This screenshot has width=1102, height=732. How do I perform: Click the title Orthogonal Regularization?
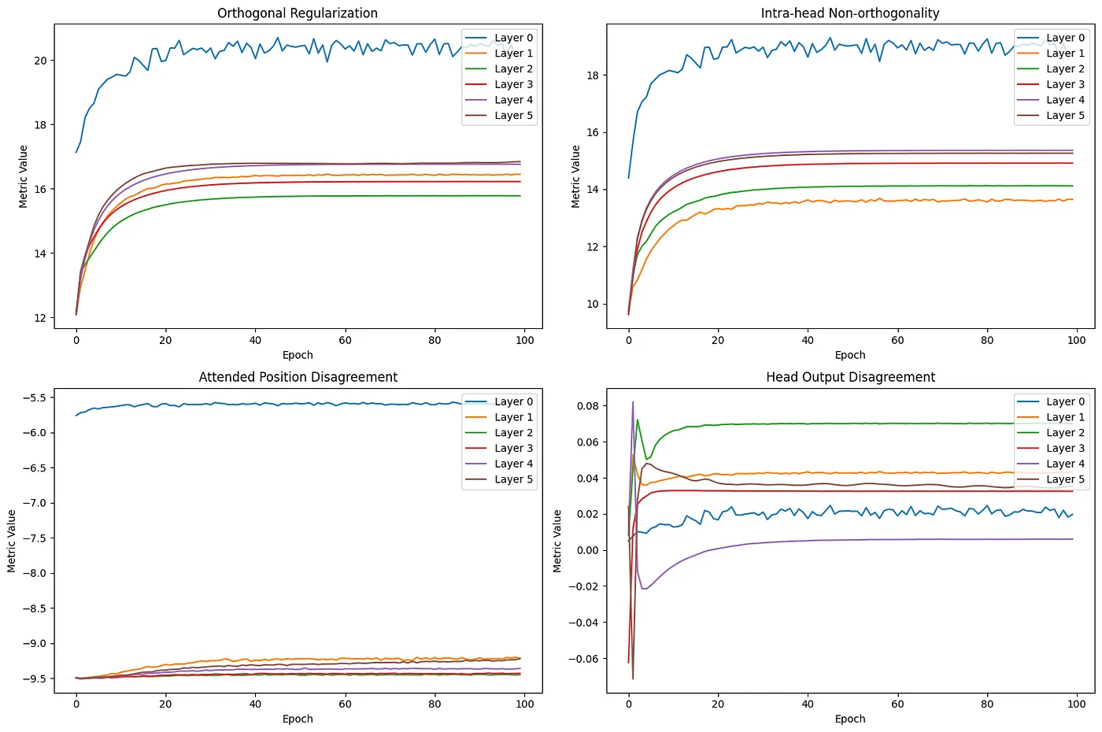pyautogui.click(x=298, y=13)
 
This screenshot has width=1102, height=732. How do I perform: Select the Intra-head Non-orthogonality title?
pyautogui.click(x=850, y=13)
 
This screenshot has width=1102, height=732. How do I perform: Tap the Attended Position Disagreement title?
pyautogui.click(x=298, y=377)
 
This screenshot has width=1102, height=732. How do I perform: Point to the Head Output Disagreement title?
pyautogui.click(x=850, y=377)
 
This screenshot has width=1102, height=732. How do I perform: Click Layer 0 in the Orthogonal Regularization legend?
pyautogui.click(x=513, y=38)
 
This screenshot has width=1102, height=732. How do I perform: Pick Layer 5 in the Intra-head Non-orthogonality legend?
pyautogui.click(x=1065, y=116)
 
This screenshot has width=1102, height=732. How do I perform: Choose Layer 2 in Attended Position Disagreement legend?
pyautogui.click(x=513, y=433)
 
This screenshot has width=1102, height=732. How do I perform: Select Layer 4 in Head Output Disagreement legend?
pyautogui.click(x=1065, y=464)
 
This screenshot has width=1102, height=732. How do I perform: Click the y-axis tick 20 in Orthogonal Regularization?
pyautogui.click(x=40, y=61)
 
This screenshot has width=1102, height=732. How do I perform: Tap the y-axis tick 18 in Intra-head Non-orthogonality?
pyautogui.click(x=592, y=76)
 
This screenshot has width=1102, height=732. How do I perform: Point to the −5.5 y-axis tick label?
pyautogui.click(x=31, y=397)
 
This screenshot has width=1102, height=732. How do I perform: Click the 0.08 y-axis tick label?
pyautogui.click(x=586, y=406)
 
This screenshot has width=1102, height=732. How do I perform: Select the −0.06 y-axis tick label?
pyautogui.click(x=583, y=659)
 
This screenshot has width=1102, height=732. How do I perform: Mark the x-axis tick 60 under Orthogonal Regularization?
pyautogui.click(x=345, y=340)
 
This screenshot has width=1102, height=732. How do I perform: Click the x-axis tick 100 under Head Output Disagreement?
pyautogui.click(x=1076, y=704)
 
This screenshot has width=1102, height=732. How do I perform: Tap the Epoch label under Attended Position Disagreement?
pyautogui.click(x=298, y=719)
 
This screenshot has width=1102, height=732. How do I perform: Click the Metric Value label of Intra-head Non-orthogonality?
pyautogui.click(x=575, y=176)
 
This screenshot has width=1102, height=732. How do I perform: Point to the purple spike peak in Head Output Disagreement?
pyautogui.click(x=633, y=403)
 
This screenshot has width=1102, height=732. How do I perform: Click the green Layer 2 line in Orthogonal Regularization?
pyautogui.click(x=315, y=196)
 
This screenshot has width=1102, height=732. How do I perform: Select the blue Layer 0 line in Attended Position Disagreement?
pyautogui.click(x=315, y=404)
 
